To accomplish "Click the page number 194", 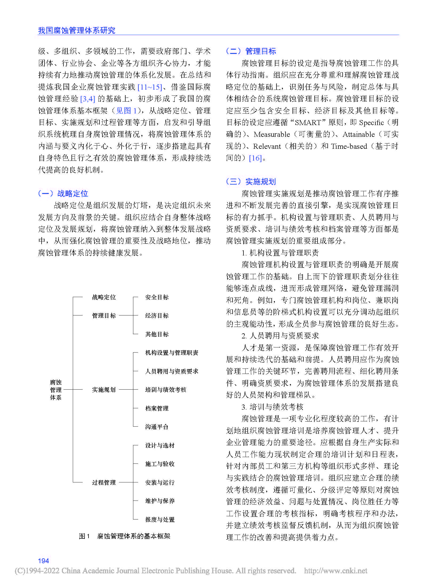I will (x=43, y=561).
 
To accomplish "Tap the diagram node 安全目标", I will (x=157, y=297).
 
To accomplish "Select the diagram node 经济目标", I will (x=157, y=315).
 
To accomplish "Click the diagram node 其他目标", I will (x=157, y=334).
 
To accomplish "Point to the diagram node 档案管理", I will (x=157, y=408).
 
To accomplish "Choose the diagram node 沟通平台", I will (x=157, y=427).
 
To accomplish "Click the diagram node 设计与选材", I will (x=160, y=445).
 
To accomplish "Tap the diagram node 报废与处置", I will (x=160, y=519).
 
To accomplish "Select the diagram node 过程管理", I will (x=104, y=482).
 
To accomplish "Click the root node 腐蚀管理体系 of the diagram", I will (x=56, y=390).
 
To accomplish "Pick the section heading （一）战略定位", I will (x=63, y=193).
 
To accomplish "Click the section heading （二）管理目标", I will (x=251, y=51).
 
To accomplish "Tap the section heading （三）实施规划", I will (x=251, y=182).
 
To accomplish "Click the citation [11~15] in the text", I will (x=150, y=87).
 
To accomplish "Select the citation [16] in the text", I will (x=255, y=158).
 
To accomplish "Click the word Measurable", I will (x=271, y=134).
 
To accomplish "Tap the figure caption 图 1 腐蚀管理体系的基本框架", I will (x=125, y=536).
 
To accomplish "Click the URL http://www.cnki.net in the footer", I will (x=335, y=571).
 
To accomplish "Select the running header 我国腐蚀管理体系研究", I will (x=77, y=30).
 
